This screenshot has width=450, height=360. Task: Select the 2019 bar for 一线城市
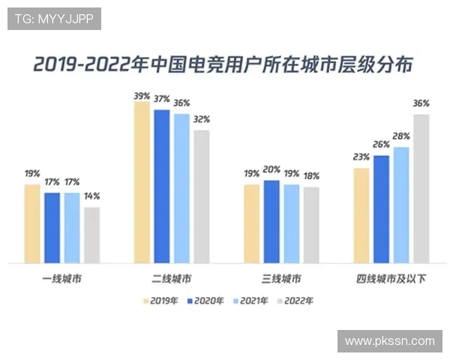pyautogui.click(x=32, y=223)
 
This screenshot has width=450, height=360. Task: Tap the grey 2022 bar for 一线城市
pyautogui.click(x=91, y=235)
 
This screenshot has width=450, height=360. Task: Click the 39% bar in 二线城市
pyautogui.click(x=142, y=182)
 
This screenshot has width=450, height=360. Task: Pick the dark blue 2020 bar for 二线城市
pyautogui.click(x=161, y=186)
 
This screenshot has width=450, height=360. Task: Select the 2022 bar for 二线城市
pyautogui.click(x=201, y=196)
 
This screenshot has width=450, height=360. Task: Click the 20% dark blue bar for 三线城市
pyautogui.click(x=271, y=221)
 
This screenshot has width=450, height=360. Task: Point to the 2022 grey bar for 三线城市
pyautogui.click(x=311, y=225)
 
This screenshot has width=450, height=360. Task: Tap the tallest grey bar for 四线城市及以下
pyautogui.click(x=421, y=188)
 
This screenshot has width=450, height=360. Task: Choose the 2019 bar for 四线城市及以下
pyautogui.click(x=361, y=215)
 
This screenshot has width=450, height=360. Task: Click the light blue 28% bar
pyautogui.click(x=401, y=205)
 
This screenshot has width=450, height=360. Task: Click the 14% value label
pyautogui.click(x=91, y=196)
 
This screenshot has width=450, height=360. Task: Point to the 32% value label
pyautogui.click(x=201, y=119)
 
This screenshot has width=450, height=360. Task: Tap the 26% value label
pyautogui.click(x=381, y=145)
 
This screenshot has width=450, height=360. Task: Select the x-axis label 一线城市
pyautogui.click(x=61, y=280)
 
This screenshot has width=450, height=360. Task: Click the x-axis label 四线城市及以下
pyautogui.click(x=391, y=280)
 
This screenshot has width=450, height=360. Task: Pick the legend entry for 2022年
pyautogui.click(x=295, y=301)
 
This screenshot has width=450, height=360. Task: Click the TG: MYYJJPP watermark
pyautogui.click(x=54, y=19)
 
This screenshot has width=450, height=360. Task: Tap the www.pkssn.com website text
pyautogui.click(x=389, y=340)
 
